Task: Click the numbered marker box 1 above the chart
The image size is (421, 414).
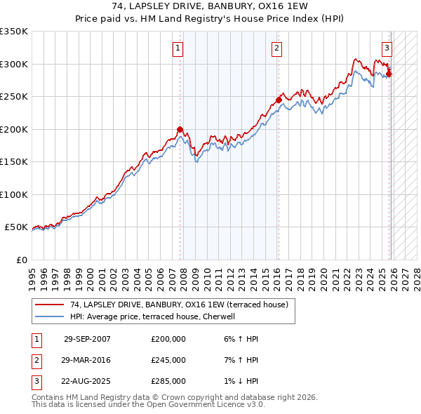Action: coord(178,48)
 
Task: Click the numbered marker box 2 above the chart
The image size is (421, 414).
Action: coord(277,48)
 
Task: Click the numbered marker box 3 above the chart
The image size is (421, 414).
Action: coord(387,48)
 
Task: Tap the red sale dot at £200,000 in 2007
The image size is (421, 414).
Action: coord(180,129)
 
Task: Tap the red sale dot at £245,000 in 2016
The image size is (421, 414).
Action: coord(279,100)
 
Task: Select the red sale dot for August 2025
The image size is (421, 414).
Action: coord(389,74)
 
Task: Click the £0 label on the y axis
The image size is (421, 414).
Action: coord(21,260)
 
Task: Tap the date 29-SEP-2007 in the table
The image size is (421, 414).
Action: coord(87,339)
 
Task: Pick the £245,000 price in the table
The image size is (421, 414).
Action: coord(168,360)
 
